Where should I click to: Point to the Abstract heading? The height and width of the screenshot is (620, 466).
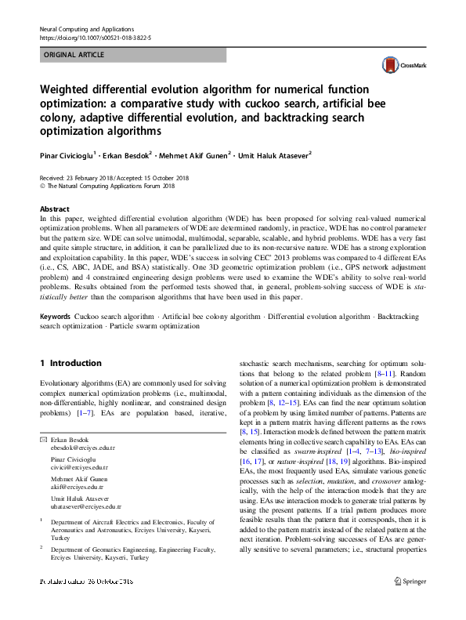pos(54,209)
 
